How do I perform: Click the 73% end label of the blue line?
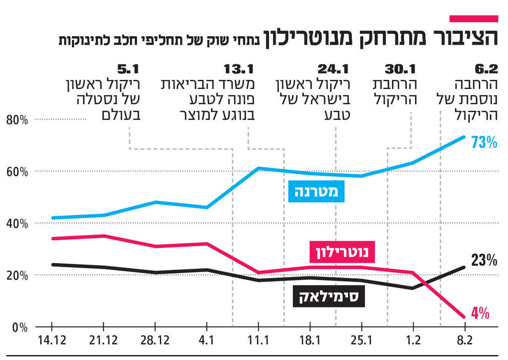tap(484, 143)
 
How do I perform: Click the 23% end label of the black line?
tap(484, 260)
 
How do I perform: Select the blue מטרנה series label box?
tap(317, 192)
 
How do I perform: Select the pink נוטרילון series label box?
tap(342, 252)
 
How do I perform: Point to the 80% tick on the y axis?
tap(16, 120)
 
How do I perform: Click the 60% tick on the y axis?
tap(16, 172)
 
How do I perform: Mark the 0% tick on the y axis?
tap(18, 327)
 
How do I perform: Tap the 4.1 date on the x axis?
tap(206, 341)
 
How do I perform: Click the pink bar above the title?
tap(473, 18)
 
